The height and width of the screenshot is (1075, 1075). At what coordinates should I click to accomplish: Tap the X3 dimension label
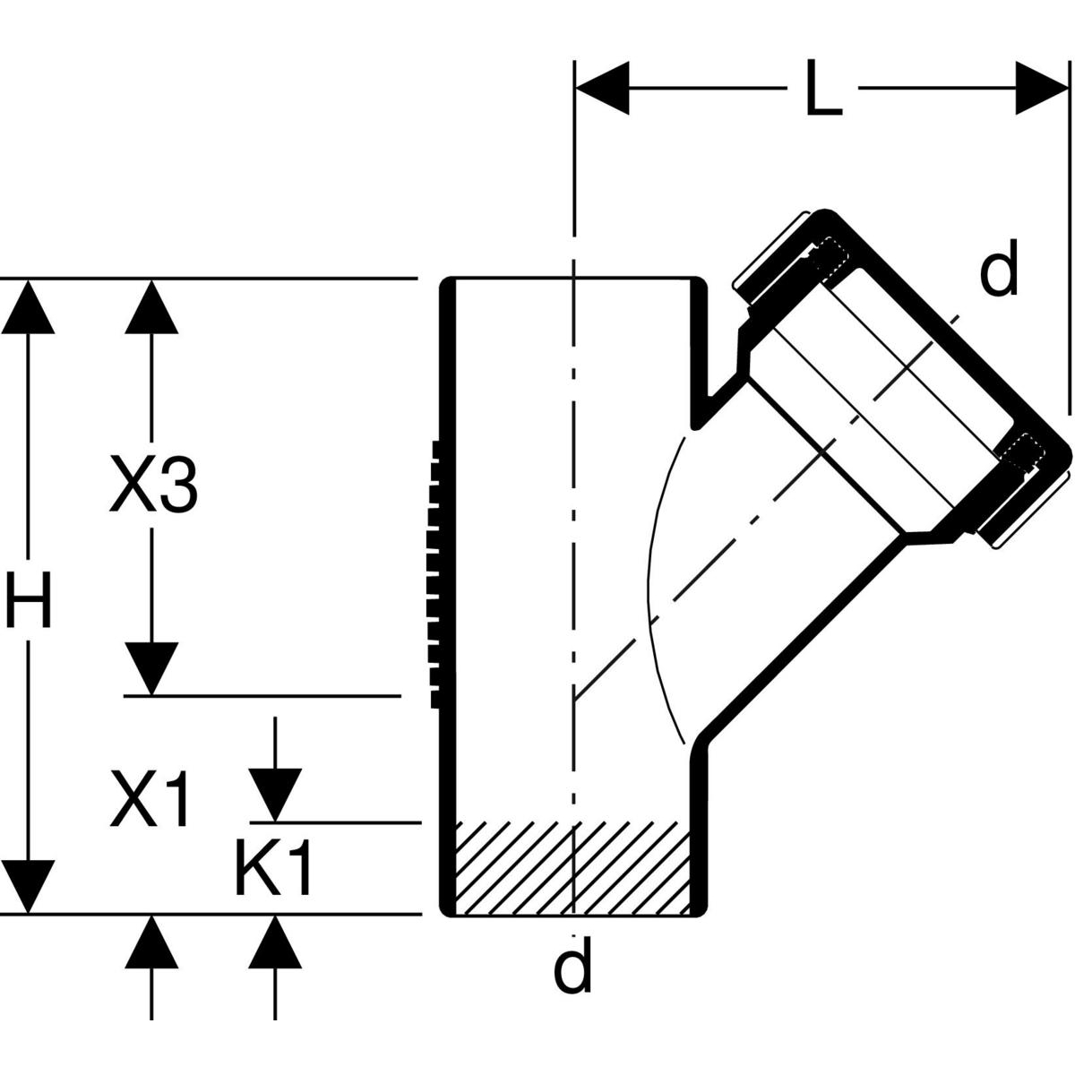tap(152, 484)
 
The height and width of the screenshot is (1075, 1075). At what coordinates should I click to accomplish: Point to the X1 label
tap(150, 800)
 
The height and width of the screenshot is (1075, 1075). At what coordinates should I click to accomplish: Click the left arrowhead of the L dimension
tap(602, 89)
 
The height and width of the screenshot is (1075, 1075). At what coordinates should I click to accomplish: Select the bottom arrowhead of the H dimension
tap(29, 887)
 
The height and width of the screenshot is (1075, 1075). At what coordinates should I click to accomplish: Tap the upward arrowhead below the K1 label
tap(274, 941)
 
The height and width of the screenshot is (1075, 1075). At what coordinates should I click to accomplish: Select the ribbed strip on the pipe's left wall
tap(438, 573)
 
